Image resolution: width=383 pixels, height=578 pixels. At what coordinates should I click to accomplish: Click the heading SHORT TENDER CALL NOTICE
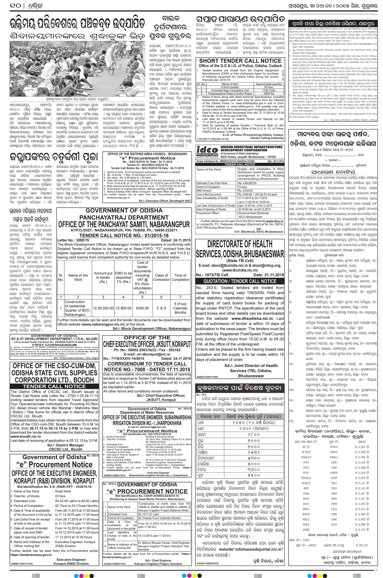(240, 61)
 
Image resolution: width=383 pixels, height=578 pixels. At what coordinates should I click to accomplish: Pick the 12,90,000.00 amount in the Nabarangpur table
(103, 308)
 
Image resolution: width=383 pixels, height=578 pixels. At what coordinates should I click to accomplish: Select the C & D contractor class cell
(161, 308)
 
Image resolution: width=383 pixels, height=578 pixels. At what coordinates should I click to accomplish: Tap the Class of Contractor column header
(161, 277)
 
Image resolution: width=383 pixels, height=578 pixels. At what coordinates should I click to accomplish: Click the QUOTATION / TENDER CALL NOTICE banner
(240, 281)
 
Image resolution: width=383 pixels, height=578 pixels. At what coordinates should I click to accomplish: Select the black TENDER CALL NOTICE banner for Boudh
(54, 386)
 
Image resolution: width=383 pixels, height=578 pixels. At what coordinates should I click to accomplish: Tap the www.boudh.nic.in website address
(26, 437)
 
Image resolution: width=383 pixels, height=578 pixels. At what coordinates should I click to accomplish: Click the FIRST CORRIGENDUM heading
(54, 345)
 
